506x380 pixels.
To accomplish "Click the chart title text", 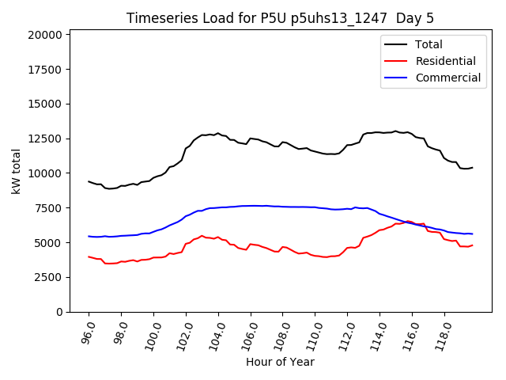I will pos(281,18).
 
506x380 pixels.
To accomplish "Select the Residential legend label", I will pos(446,61).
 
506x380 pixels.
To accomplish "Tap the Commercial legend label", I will pos(448,78).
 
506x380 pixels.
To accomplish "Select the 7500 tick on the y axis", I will pos(49,208).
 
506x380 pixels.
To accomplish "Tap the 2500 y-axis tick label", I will pos(49,277).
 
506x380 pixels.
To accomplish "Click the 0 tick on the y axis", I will pos(60,312).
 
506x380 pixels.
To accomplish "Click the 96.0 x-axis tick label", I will pos(85,333).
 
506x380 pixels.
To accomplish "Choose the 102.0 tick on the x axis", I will pos(183,333).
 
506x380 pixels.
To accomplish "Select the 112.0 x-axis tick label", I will pos(345,333).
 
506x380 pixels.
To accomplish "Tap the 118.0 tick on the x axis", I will pos(442,333).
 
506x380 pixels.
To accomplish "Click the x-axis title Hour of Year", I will pos(280,363).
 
